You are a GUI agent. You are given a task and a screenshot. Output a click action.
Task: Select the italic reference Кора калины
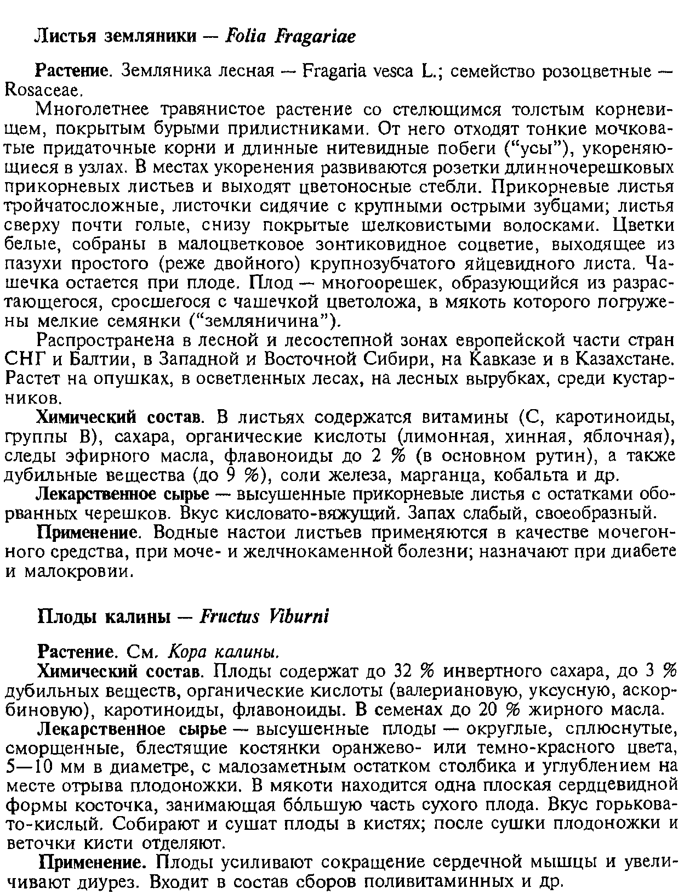click(x=222, y=653)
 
